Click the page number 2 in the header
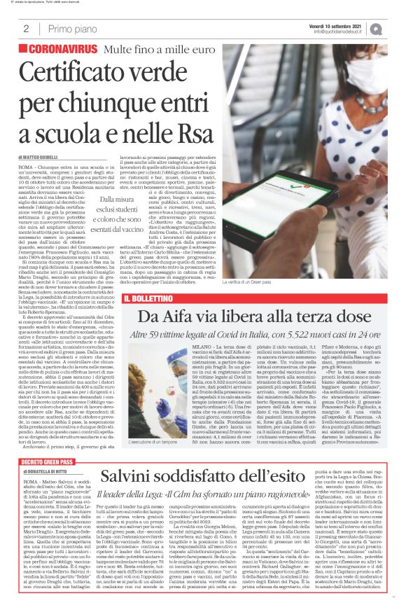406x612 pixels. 26,29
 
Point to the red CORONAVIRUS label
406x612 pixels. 62,50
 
